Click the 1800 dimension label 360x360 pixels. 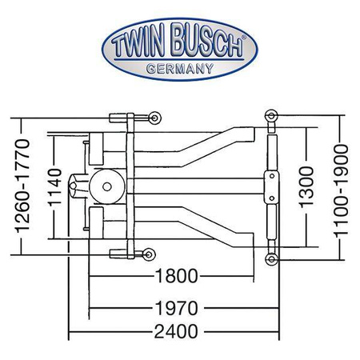(x=176, y=276)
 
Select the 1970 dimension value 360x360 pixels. (x=176, y=308)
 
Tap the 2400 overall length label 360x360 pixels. (x=176, y=332)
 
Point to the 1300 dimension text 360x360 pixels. (x=306, y=187)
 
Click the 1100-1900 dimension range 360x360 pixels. (x=341, y=190)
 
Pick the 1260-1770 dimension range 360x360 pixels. (x=22, y=186)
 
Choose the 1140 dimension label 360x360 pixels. (x=55, y=187)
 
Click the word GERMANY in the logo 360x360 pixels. (x=180, y=69)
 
